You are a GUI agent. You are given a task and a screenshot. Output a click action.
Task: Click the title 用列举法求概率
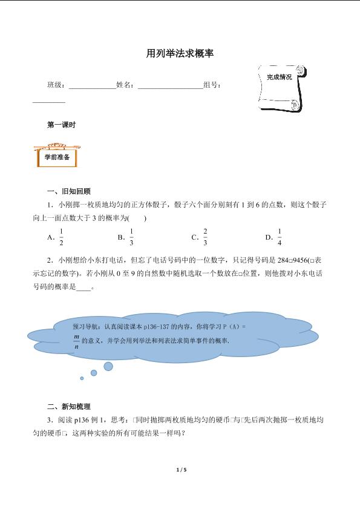(x=180, y=54)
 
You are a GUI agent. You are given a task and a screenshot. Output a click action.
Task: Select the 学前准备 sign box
(x=57, y=156)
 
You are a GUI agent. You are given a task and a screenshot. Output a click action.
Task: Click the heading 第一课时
(x=61, y=125)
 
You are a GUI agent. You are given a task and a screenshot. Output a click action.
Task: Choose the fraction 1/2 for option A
(x=61, y=237)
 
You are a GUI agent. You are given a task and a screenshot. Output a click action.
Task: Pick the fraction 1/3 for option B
(x=131, y=237)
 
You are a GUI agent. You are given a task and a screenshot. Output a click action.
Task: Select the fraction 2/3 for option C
(x=205, y=237)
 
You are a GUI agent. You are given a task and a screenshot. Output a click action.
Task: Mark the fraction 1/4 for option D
(x=279, y=237)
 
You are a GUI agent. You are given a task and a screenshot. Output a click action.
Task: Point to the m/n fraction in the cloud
(x=76, y=341)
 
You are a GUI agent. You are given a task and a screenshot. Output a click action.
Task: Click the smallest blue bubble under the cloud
(x=82, y=378)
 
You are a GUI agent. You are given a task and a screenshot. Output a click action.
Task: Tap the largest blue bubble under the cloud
(x=108, y=366)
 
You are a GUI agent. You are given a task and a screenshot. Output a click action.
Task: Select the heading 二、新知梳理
(x=68, y=406)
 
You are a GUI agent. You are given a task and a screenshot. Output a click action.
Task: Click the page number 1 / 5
(x=180, y=470)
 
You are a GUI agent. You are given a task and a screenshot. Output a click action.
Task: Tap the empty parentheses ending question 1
(x=136, y=218)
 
